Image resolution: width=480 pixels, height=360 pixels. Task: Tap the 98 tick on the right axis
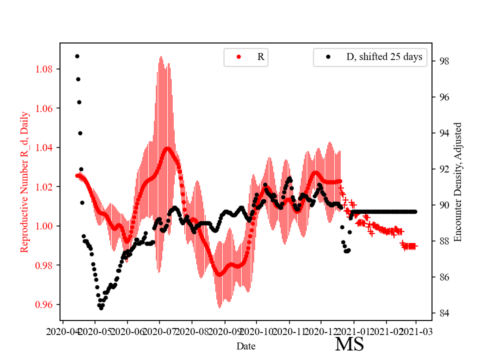(442, 61)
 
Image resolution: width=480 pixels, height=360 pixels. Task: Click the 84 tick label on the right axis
(442, 313)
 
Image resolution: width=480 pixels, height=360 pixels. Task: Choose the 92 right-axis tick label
(442, 169)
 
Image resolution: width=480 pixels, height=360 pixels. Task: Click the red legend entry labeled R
(260, 57)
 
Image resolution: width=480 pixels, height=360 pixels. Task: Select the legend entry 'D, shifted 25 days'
(384, 57)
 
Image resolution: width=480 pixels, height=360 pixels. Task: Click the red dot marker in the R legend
(238, 57)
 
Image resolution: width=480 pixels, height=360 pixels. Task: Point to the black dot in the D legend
(328, 57)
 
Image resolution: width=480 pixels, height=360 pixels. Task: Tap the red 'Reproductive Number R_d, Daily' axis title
(24, 182)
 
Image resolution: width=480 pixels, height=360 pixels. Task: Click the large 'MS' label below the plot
(349, 344)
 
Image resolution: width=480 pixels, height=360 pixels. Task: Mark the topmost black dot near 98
(77, 56)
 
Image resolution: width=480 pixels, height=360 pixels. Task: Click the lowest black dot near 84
(101, 308)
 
